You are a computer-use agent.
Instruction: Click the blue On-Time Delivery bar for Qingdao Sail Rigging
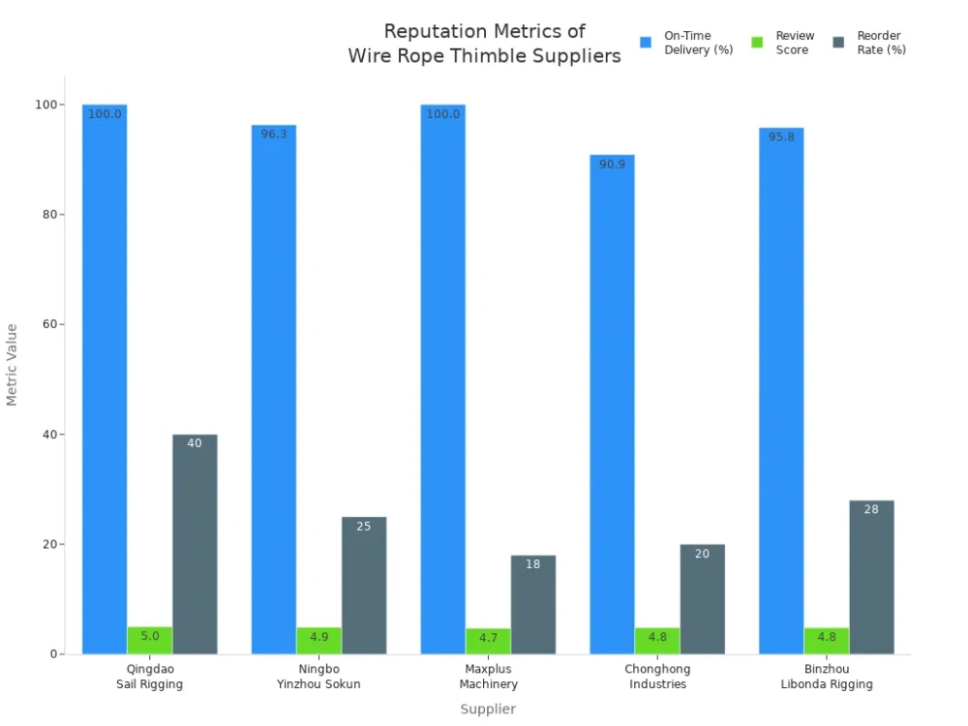pos(105,378)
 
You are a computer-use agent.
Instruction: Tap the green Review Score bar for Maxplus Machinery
pos(488,641)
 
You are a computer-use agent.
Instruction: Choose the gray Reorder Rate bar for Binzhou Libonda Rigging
pos(871,577)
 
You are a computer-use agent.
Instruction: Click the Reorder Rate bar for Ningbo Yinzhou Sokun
pos(364,585)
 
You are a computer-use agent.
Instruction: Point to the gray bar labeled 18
pos(533,604)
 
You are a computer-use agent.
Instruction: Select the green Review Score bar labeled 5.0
pos(150,640)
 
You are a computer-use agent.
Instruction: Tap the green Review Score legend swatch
pos(758,43)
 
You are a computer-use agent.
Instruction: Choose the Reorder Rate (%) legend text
pos(881,43)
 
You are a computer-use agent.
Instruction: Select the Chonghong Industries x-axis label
pos(657,677)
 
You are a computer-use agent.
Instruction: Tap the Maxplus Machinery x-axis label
pos(488,677)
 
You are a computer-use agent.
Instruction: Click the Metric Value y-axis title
pos(13,364)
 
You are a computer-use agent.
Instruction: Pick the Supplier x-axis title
pos(488,709)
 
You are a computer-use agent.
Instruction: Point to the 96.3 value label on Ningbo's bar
pos(274,135)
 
